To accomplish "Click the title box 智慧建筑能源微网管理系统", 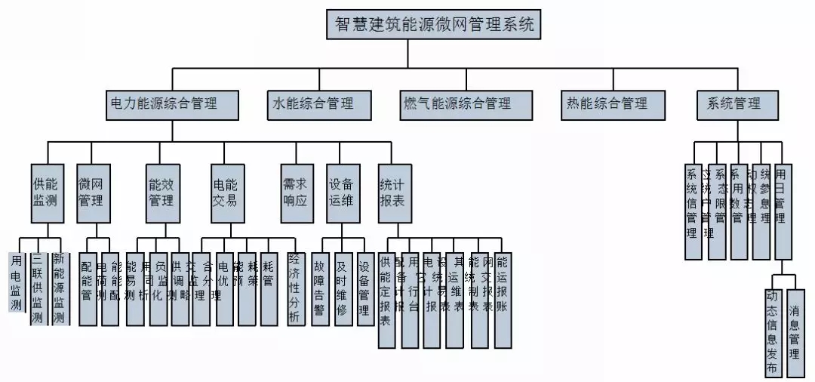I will click(x=435, y=25).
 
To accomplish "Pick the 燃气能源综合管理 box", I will click(x=457, y=104).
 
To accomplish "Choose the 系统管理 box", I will click(x=733, y=104).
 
